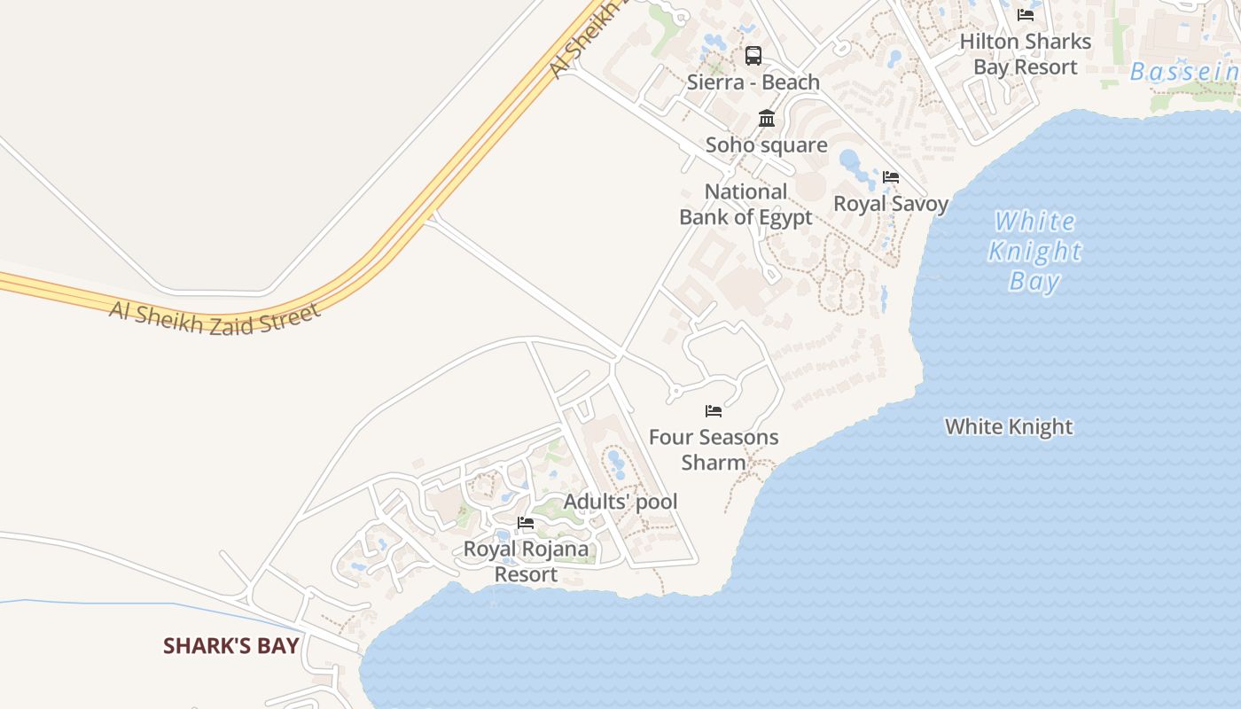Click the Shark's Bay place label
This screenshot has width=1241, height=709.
point(230,646)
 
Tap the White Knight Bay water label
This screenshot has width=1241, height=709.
point(1035,251)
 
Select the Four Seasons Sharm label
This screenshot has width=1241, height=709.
point(714,449)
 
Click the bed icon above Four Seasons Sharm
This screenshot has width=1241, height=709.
point(714,411)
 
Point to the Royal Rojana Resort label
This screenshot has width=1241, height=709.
point(526,561)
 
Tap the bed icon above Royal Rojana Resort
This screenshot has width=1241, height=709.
point(526,523)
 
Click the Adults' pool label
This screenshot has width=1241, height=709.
point(620,502)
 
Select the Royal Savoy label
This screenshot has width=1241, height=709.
point(891,204)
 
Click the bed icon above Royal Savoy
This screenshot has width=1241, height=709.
point(891,177)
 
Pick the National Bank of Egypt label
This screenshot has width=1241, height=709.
point(745,204)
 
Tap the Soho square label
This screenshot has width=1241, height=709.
point(767,144)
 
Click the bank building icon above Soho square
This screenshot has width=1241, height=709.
point(767,118)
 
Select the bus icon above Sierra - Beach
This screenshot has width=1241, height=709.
point(753,56)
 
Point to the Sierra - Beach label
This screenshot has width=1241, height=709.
point(753,82)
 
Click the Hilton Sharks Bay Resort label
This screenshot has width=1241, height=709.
point(1026,54)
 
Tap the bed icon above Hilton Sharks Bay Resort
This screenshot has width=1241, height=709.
point(1026,15)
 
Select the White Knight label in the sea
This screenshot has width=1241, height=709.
point(1009,427)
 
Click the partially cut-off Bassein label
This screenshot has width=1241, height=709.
point(1184,73)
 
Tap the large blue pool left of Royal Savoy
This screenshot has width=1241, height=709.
point(850,161)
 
